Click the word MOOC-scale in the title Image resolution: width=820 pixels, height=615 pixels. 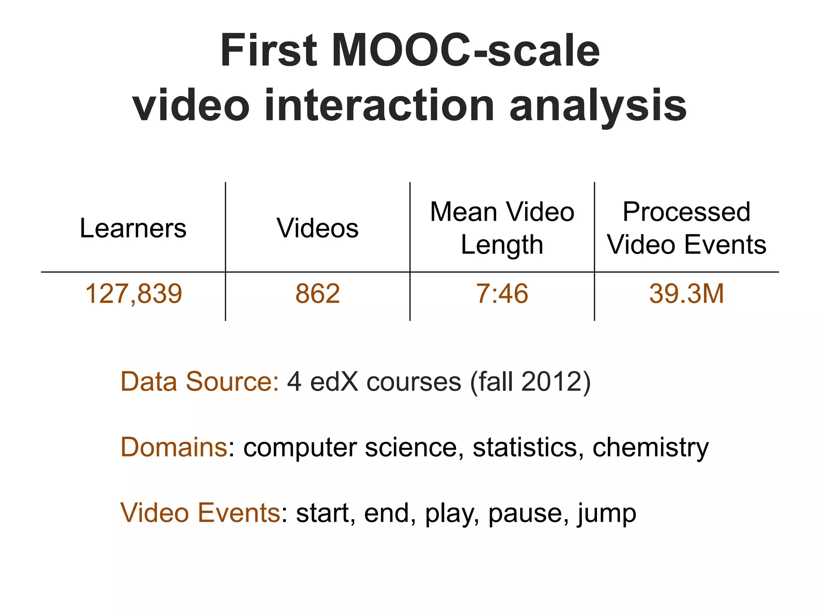pyautogui.click(x=466, y=51)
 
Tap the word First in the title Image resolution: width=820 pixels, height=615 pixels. pyautogui.click(x=269, y=51)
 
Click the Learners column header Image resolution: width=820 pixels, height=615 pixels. pyautogui.click(x=133, y=228)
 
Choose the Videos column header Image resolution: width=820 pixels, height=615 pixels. pyautogui.click(x=318, y=228)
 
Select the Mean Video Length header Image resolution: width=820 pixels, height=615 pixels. pyautogui.click(x=502, y=228)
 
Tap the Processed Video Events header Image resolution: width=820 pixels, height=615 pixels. pyautogui.click(x=686, y=228)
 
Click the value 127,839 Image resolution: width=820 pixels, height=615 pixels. pyautogui.click(x=133, y=293)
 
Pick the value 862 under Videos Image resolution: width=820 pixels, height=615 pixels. pyautogui.click(x=318, y=293)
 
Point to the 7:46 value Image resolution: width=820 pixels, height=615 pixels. pyautogui.click(x=502, y=293)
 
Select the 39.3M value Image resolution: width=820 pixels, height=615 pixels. pyautogui.click(x=686, y=293)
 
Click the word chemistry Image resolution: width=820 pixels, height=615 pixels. pyautogui.click(x=651, y=447)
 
